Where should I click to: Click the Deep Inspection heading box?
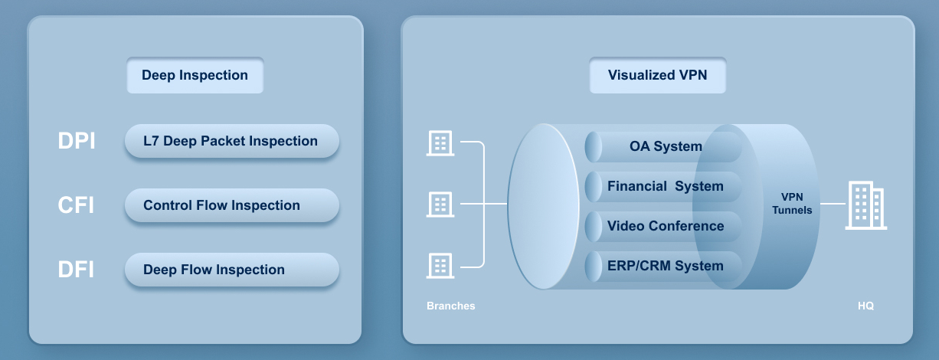pos(195,76)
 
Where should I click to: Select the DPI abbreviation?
pos(77,142)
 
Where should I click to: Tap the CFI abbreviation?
pos(76,206)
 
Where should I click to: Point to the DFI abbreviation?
pos(76,270)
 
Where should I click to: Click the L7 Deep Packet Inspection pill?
pos(231,141)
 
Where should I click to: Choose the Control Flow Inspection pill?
pos(231,205)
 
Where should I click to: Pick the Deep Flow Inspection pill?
pos(231,270)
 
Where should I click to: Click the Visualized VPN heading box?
pos(657,76)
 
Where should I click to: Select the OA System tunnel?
pos(663,146)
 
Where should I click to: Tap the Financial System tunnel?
pos(663,186)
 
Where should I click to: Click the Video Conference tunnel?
pos(663,226)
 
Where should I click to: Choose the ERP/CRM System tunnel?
pos(663,266)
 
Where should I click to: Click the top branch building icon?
pos(440,143)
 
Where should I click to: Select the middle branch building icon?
pos(440,205)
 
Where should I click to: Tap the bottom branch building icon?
pos(440,266)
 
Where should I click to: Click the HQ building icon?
pos(865,205)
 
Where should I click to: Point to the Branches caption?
pos(450,306)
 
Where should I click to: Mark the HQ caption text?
pos(865,306)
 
